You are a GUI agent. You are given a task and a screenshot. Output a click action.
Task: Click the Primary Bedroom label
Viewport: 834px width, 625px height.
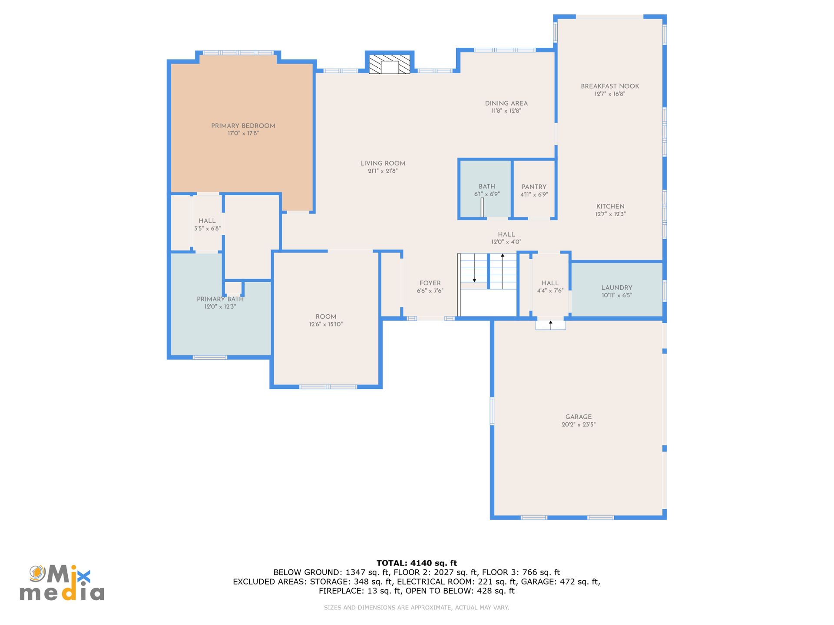[243, 126]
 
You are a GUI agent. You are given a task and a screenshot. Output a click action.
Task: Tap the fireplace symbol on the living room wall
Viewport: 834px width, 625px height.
[390, 64]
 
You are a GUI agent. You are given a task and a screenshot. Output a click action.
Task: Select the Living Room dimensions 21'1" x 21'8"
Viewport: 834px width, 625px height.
[383, 171]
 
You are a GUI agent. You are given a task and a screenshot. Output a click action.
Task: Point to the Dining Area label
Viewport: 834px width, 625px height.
[506, 103]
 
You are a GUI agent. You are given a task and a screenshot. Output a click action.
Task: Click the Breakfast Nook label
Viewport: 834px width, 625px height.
[610, 86]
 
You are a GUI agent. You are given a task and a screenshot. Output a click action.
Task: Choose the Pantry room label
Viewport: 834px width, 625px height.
[534, 187]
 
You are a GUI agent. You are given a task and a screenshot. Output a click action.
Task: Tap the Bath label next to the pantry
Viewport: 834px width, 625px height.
[487, 186]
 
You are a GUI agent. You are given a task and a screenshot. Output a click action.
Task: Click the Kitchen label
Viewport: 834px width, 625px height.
[610, 207]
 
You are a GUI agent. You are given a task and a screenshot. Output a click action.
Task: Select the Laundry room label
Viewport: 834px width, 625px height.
[617, 288]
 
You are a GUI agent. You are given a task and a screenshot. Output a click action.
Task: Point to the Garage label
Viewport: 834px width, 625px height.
[579, 417]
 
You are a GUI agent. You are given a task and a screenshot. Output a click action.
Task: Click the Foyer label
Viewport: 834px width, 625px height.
[430, 283]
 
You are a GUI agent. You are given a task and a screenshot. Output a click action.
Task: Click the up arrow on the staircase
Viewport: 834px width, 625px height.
[503, 271]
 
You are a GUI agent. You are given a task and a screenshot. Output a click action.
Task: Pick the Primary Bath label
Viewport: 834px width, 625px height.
[220, 299]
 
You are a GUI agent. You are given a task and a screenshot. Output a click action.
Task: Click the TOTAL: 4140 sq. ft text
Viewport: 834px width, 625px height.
[417, 563]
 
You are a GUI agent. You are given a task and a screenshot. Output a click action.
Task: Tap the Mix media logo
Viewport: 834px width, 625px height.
[62, 583]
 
